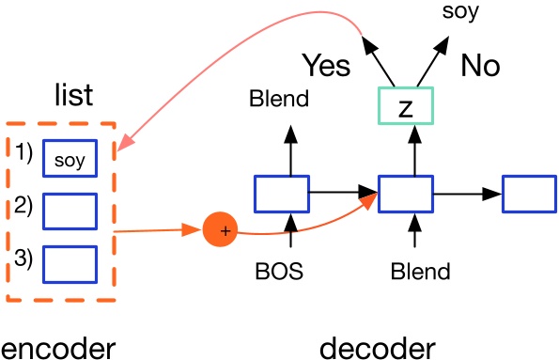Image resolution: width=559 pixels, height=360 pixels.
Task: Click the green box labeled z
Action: point(405,106)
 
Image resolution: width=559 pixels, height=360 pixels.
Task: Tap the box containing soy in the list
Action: point(70,160)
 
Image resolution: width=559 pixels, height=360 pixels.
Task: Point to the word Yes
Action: point(326,66)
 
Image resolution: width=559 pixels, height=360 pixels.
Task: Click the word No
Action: point(480,66)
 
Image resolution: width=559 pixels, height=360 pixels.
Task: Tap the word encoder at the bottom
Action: point(58,347)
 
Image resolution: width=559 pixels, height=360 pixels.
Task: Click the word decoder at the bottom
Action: point(378,347)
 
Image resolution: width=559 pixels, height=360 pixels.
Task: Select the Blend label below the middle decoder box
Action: point(420,273)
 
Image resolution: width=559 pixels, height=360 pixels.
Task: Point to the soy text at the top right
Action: point(459,12)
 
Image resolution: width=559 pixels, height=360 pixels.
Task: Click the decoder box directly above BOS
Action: point(281,193)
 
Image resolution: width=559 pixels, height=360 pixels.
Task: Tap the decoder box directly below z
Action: point(405,193)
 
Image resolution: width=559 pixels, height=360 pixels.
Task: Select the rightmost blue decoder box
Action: point(529,193)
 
